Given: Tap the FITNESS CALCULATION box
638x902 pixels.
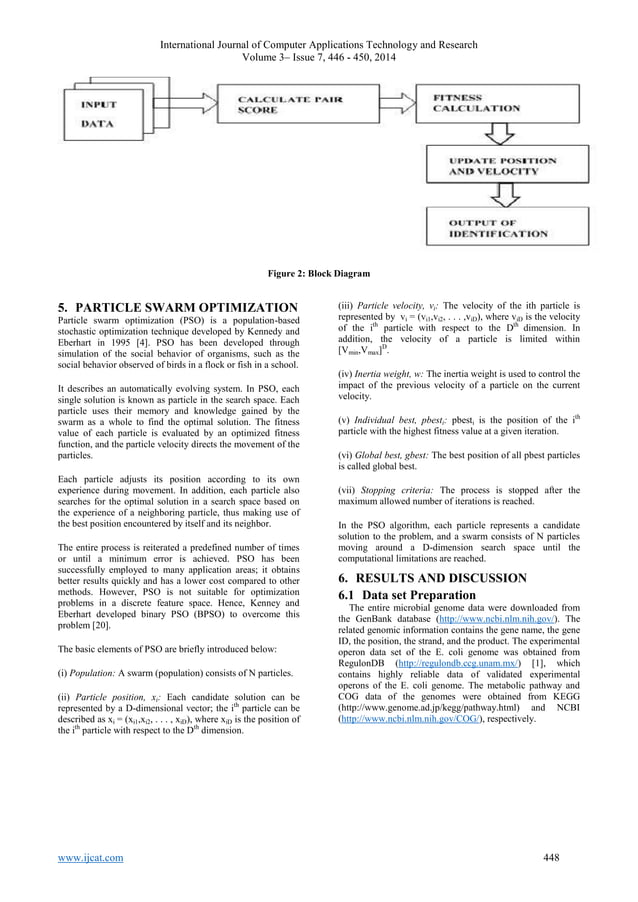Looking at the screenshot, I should click(x=484, y=104).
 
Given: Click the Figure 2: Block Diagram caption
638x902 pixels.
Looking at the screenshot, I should click(x=319, y=271).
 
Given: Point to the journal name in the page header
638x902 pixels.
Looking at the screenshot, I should click(x=319, y=45).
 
